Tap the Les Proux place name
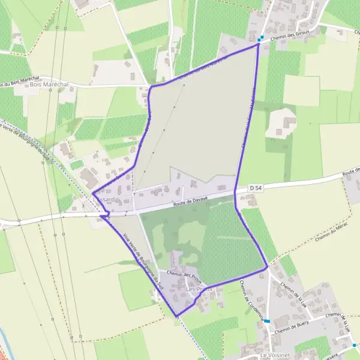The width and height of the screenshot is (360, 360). click(199, 289)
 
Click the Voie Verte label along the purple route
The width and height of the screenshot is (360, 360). click(142, 262)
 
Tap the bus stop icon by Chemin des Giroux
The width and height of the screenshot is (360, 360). click(260, 38)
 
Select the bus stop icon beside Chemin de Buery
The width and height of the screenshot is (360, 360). click(266, 321)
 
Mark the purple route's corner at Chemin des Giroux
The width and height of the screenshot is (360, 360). click(258, 44)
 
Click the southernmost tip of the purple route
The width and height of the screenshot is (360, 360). click(176, 316)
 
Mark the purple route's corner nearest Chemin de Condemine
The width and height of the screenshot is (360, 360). click(266, 268)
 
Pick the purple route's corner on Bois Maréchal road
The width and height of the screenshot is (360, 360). click(150, 87)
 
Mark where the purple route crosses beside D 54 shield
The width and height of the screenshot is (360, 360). click(235, 191)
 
